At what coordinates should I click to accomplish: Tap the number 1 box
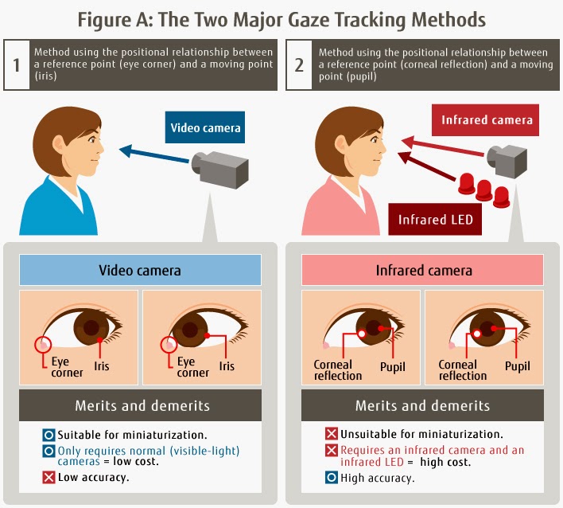pyautogui.click(x=16, y=64)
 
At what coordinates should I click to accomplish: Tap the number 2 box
pyautogui.click(x=299, y=64)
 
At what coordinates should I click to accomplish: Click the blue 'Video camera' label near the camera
pyautogui.click(x=205, y=127)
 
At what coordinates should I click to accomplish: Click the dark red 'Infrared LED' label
pyautogui.click(x=435, y=219)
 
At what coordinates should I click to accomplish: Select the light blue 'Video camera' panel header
pyautogui.click(x=139, y=270)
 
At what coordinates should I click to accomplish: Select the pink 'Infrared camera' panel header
pyautogui.click(x=423, y=270)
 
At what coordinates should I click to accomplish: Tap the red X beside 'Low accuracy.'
pyautogui.click(x=49, y=478)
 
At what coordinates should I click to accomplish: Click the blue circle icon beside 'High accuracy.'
pyautogui.click(x=331, y=479)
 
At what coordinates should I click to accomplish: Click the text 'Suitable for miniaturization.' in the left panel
pyautogui.click(x=128, y=435)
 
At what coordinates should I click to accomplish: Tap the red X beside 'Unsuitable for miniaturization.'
pyautogui.click(x=331, y=435)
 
